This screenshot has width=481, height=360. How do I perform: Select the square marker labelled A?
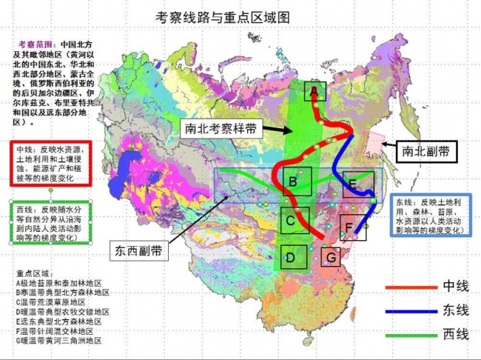(x=314, y=91)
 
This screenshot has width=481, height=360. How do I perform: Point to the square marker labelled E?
(x=354, y=184)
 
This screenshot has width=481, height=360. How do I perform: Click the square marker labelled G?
(x=332, y=256)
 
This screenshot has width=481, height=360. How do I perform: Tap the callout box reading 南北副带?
(x=424, y=151)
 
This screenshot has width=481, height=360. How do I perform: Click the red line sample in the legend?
(x=409, y=286)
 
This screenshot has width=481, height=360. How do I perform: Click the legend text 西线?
(x=456, y=335)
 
